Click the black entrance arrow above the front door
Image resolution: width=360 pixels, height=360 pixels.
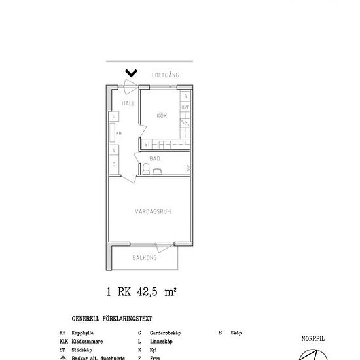131,73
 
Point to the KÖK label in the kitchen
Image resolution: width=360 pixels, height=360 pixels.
163,115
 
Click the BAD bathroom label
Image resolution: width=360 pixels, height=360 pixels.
155,158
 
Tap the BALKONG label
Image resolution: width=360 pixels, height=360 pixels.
144,258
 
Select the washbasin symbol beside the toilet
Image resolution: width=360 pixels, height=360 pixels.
158,171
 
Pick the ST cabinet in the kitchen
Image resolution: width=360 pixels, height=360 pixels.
148,144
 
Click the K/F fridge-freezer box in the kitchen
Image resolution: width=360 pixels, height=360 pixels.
185,107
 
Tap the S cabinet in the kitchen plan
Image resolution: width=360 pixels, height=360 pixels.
185,96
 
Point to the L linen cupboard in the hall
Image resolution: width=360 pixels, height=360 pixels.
114,150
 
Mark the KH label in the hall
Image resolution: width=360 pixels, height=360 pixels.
118,133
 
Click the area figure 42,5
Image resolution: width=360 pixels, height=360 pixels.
150,293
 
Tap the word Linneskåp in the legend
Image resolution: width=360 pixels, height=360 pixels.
160,342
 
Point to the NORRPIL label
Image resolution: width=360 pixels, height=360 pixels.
313,339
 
